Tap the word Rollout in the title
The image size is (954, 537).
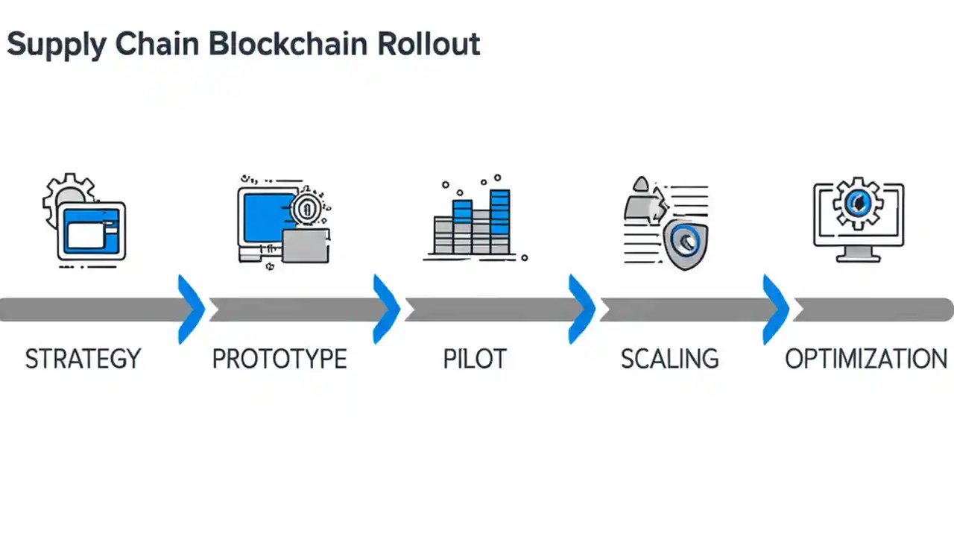[x=428, y=44]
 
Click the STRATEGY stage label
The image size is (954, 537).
[x=83, y=359]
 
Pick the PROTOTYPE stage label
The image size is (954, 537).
[x=279, y=359]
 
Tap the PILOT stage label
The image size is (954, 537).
[x=475, y=359]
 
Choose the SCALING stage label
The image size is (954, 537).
[x=669, y=359]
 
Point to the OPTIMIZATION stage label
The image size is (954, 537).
[x=866, y=359]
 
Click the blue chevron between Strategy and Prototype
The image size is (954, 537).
[x=193, y=309]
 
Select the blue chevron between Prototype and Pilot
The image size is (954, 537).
[x=388, y=309]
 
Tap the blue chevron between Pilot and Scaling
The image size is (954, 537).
[x=584, y=309]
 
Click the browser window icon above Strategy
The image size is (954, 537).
[x=92, y=230]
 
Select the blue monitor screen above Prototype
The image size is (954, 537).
[x=265, y=216]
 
